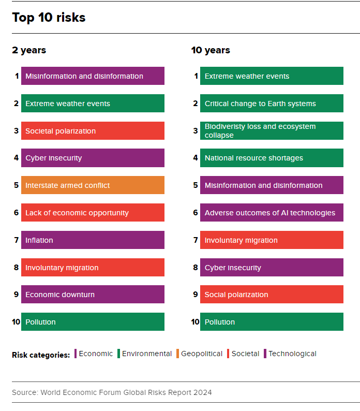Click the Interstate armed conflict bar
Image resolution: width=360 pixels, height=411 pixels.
93,185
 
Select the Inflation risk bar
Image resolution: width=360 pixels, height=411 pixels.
93,240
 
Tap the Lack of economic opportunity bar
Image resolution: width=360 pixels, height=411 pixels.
93,213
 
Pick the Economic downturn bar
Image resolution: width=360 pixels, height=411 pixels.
93,295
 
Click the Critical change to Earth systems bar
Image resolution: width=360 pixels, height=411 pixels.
272,104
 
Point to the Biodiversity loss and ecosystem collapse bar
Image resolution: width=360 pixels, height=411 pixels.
272,131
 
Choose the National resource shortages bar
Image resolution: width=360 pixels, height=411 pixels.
272,158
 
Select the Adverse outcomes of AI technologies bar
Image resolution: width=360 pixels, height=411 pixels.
272,213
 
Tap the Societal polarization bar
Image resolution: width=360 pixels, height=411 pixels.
93,131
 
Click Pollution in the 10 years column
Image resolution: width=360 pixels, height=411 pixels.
272,322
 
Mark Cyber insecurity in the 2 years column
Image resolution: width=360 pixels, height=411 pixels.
93,158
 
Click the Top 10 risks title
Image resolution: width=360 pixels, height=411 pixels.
49,18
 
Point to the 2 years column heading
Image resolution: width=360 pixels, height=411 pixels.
29,50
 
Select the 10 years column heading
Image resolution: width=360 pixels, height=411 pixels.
211,50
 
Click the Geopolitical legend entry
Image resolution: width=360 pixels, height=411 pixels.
202,354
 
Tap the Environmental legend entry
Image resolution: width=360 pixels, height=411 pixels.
146,354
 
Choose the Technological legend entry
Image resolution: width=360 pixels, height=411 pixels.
292,354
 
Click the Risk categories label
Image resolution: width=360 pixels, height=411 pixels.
41,355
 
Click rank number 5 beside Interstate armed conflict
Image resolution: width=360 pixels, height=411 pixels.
16,185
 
